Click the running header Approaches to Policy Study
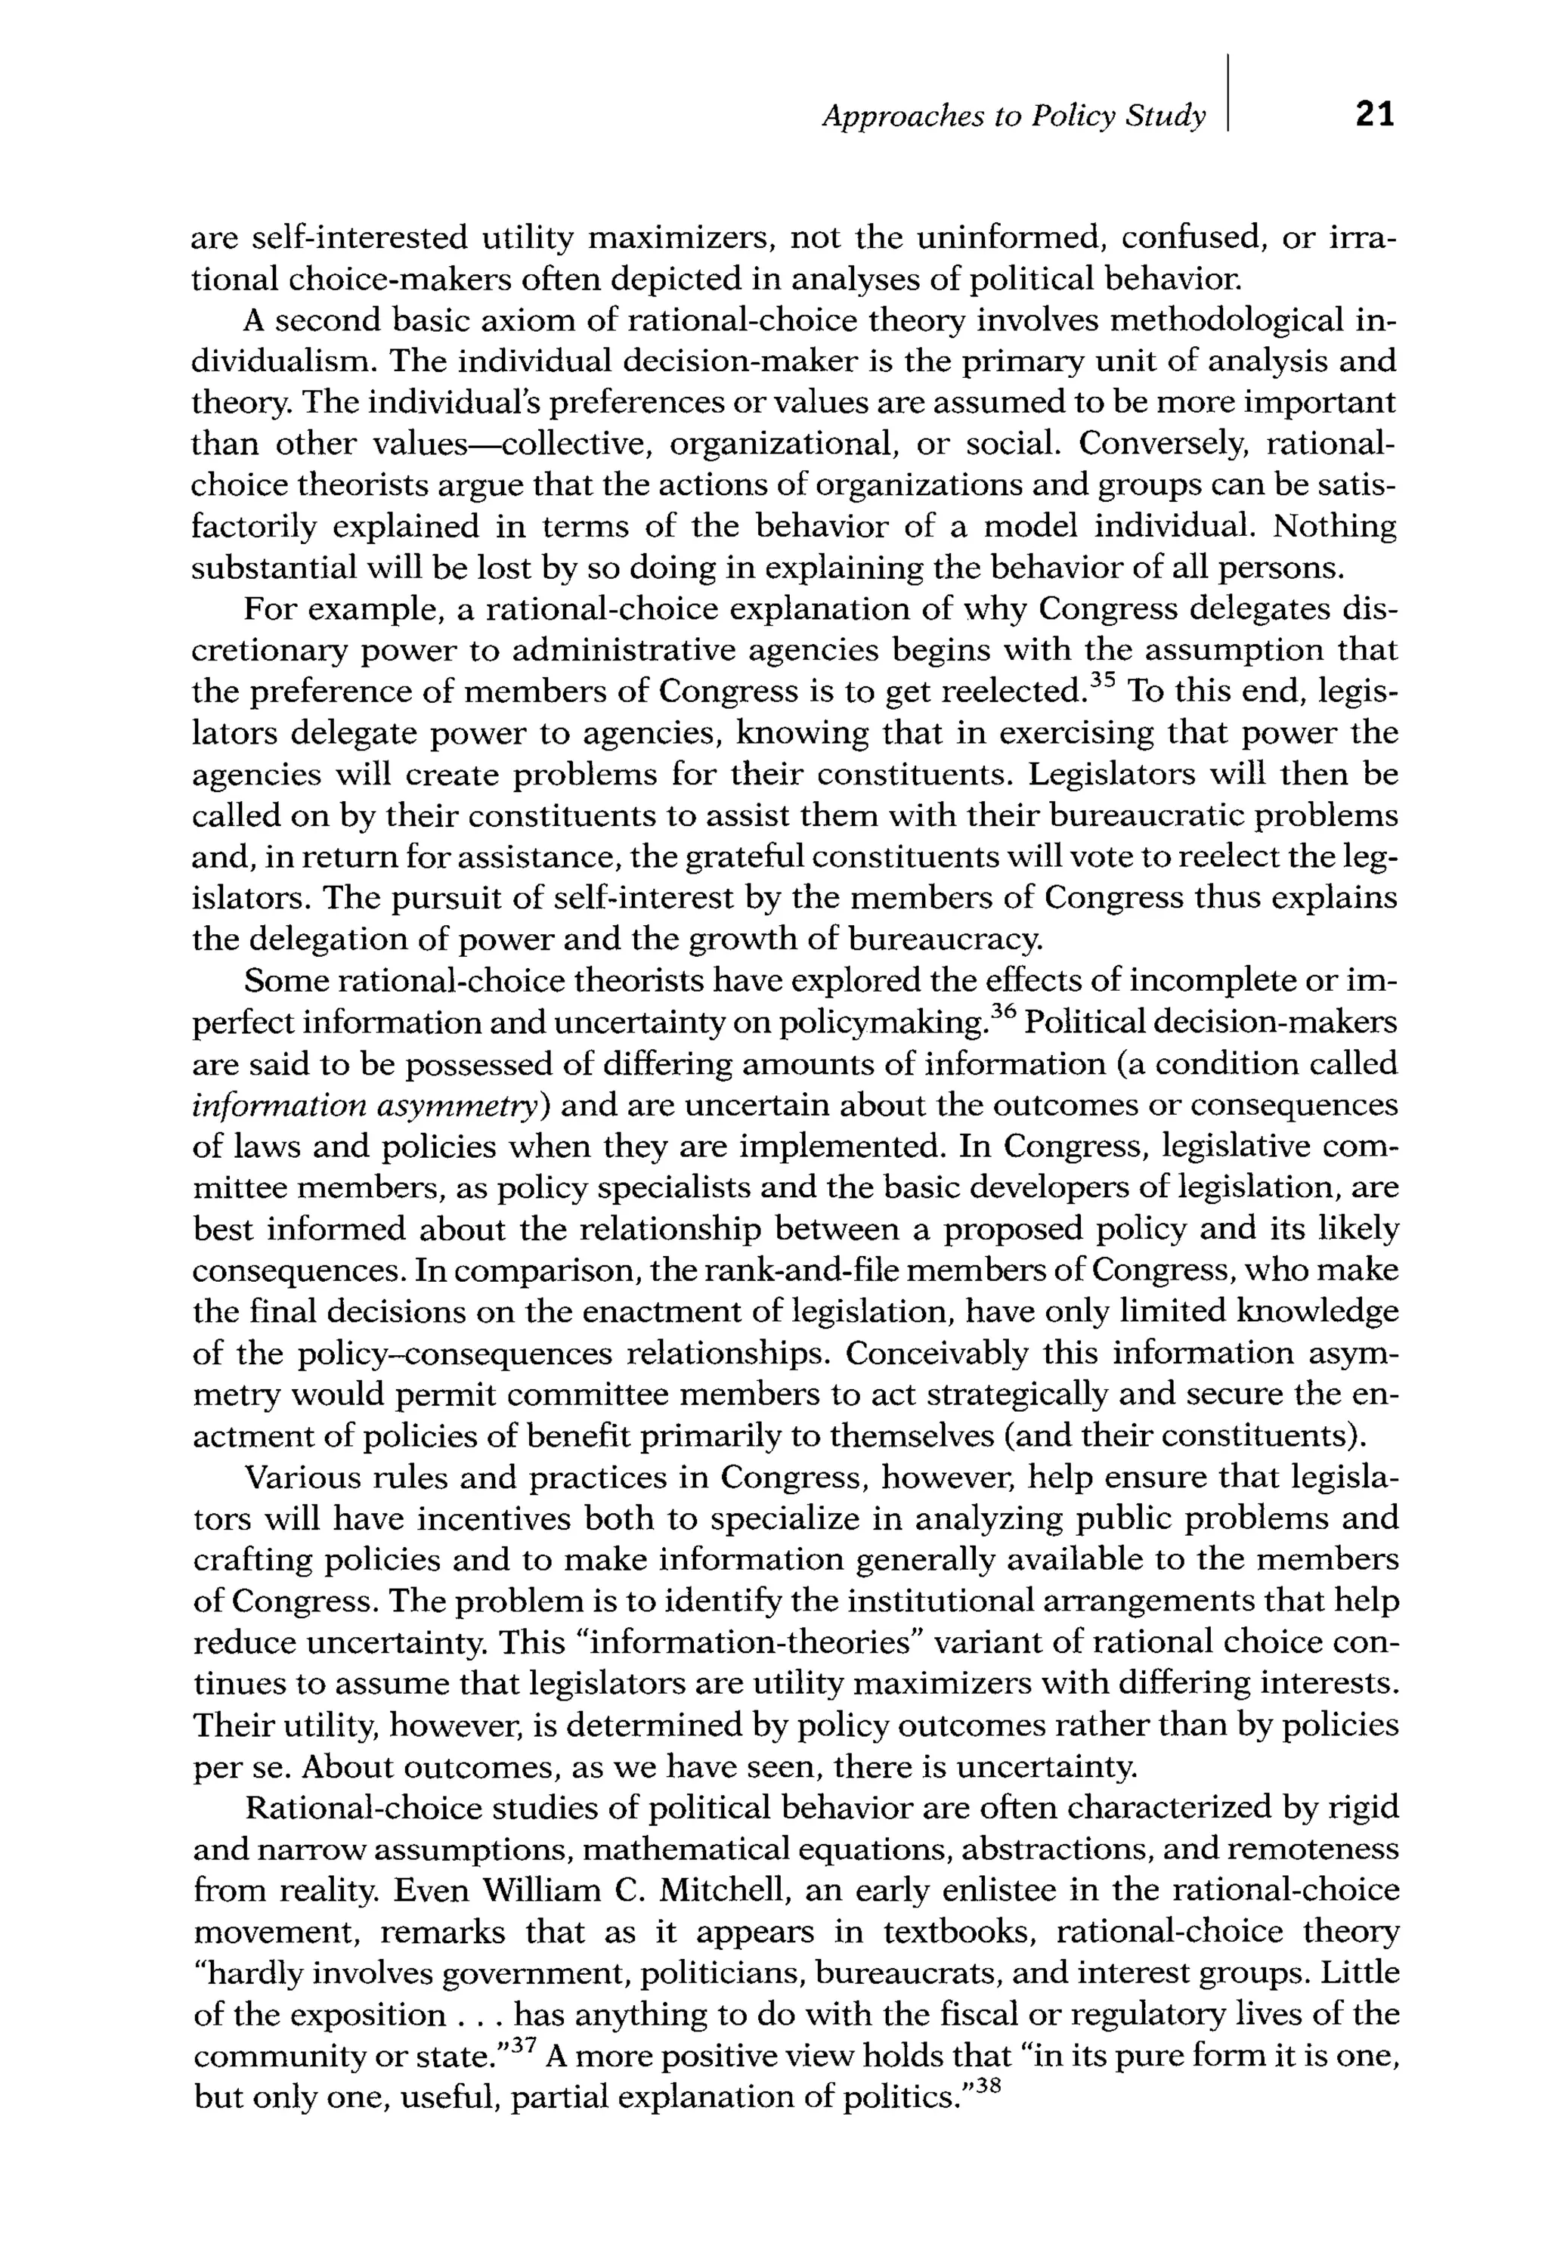tap(1014, 116)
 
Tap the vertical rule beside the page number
tap(1228, 93)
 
